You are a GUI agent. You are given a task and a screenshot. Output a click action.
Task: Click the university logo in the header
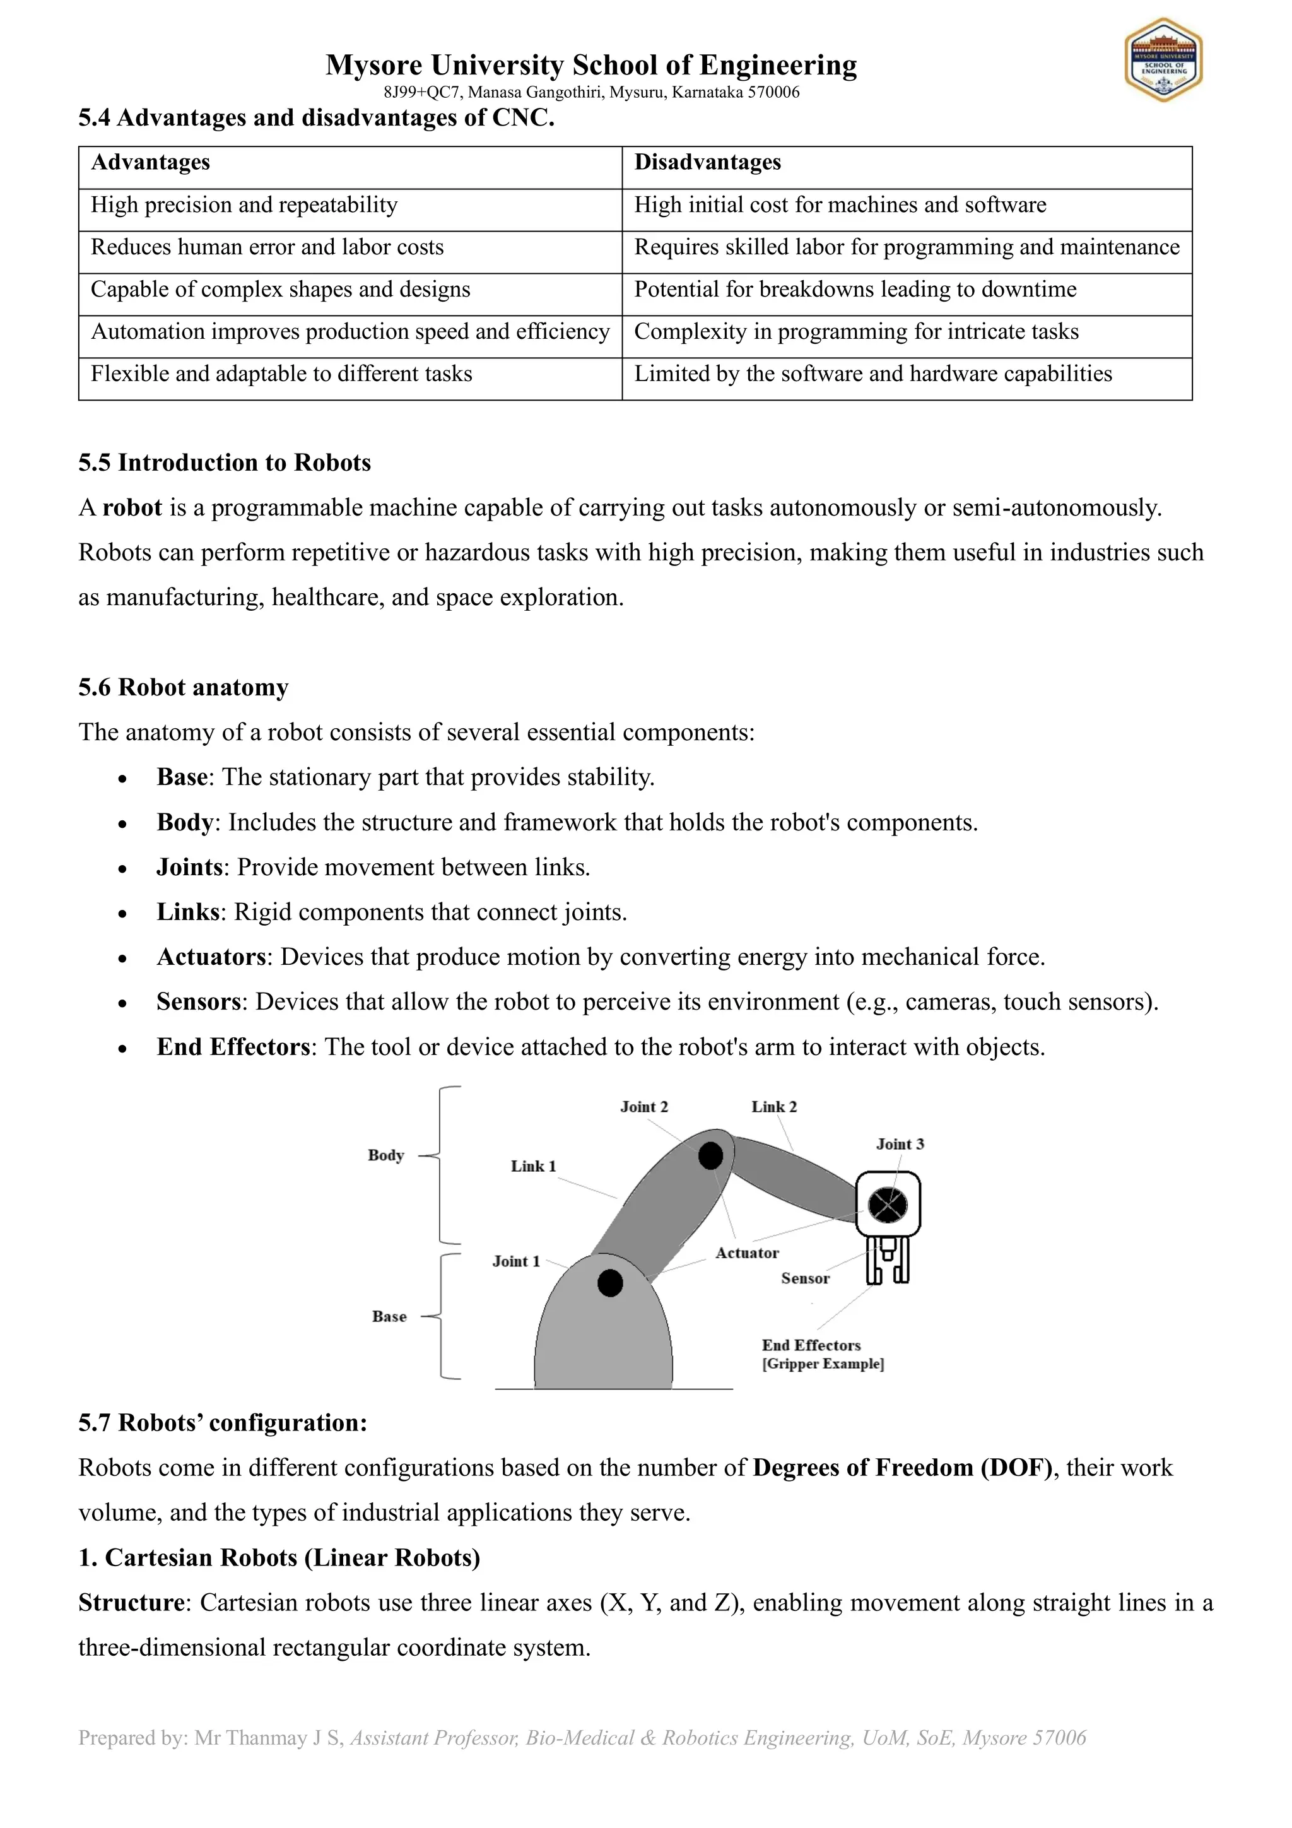pyautogui.click(x=1163, y=61)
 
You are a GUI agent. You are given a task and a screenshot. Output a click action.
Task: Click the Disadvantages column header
pyautogui.click(x=707, y=162)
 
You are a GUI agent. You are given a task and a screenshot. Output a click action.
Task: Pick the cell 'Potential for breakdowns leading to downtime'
pyautogui.click(x=855, y=290)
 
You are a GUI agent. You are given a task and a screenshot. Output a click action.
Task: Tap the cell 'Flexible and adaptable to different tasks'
pyautogui.click(x=281, y=374)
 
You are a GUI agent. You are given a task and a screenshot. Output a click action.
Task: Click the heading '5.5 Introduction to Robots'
pyautogui.click(x=225, y=463)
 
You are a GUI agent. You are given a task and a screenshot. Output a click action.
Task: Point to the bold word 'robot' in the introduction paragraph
pyautogui.click(x=132, y=508)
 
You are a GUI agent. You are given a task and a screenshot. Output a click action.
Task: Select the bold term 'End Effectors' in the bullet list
pyautogui.click(x=232, y=1047)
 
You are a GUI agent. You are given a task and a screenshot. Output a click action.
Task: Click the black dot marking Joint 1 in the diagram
pyautogui.click(x=610, y=1283)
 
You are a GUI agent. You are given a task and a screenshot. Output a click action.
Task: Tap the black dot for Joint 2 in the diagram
pyautogui.click(x=710, y=1155)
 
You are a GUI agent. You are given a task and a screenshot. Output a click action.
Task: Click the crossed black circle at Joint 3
pyautogui.click(x=887, y=1205)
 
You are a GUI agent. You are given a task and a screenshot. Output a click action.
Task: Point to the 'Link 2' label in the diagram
pyautogui.click(x=774, y=1107)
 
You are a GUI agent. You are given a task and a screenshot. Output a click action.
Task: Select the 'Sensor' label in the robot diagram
pyautogui.click(x=805, y=1278)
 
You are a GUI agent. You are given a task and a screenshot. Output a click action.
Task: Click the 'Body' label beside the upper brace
pyautogui.click(x=386, y=1155)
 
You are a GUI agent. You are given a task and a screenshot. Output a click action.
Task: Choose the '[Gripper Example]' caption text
pyautogui.click(x=823, y=1364)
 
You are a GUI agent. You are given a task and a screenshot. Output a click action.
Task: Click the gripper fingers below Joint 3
pyautogui.click(x=887, y=1260)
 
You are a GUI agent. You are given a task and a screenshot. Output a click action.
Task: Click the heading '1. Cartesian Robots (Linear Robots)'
pyautogui.click(x=279, y=1557)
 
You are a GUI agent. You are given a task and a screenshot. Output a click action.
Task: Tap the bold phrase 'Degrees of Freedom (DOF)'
pyautogui.click(x=903, y=1467)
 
